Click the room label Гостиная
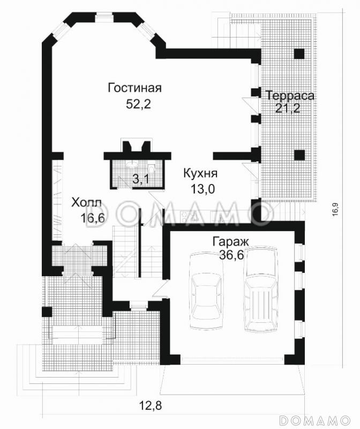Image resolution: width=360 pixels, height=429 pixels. point(134,88)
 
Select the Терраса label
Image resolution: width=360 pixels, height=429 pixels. point(290,95)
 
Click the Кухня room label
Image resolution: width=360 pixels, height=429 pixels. point(200,174)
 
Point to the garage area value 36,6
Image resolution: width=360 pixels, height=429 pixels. point(231,255)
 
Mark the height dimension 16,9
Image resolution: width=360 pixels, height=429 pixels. point(335,208)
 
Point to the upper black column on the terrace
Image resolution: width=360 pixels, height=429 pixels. point(299,54)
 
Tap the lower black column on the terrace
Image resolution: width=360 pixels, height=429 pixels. point(299,155)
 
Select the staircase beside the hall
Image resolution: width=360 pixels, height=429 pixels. point(127,252)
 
